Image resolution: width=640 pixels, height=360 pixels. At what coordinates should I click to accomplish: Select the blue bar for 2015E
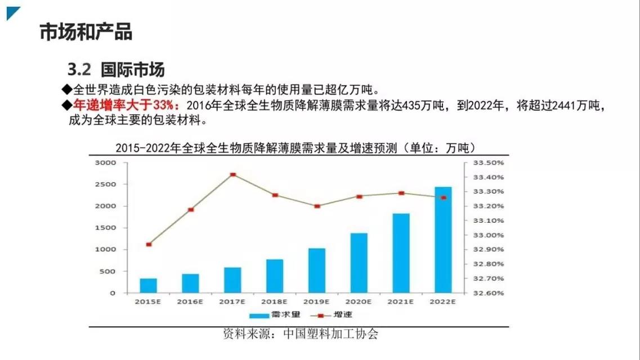click(148, 285)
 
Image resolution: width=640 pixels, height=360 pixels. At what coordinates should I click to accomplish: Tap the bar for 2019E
click(316, 271)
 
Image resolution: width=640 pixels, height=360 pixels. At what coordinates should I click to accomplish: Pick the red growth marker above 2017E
click(232, 175)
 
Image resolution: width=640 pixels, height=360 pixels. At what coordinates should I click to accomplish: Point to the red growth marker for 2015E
click(149, 245)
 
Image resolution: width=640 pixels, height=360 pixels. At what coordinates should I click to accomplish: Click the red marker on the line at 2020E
click(359, 197)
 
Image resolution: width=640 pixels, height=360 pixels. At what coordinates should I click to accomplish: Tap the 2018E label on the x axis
click(275, 302)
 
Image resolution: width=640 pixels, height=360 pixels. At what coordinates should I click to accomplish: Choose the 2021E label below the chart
click(401, 302)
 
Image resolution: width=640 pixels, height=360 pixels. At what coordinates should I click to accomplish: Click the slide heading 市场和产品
click(86, 32)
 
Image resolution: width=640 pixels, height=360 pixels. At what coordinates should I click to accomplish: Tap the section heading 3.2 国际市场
click(116, 70)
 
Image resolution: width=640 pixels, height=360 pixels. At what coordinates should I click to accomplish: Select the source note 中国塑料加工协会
click(330, 334)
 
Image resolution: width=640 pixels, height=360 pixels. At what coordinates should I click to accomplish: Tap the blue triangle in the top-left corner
click(12, 12)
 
